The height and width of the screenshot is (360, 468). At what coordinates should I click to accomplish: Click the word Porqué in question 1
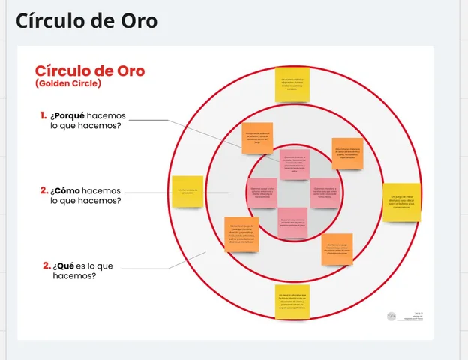(x=69, y=115)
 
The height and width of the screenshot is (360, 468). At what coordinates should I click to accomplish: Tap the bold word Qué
(x=65, y=265)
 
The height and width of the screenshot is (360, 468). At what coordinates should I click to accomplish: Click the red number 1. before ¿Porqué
(x=43, y=115)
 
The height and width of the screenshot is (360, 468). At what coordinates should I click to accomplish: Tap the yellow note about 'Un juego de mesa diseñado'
(x=401, y=202)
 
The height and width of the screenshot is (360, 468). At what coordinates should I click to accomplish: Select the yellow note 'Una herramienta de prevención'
(x=187, y=192)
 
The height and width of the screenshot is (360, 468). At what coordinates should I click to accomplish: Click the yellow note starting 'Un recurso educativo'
(x=292, y=301)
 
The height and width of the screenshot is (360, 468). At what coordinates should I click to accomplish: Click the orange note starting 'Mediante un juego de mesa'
(x=241, y=234)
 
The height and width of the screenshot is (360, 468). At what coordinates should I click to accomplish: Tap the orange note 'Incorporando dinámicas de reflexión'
(x=257, y=138)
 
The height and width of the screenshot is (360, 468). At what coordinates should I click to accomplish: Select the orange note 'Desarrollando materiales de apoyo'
(x=348, y=153)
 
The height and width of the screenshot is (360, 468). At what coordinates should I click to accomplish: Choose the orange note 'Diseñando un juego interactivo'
(x=337, y=249)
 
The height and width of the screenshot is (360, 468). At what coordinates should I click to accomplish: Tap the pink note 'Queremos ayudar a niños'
(x=262, y=193)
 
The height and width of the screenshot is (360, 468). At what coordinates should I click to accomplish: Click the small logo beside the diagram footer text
(x=391, y=316)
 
